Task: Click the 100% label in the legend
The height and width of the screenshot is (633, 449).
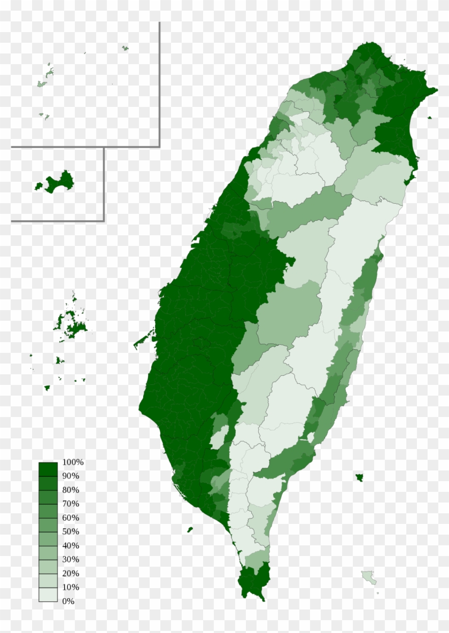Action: pyautogui.click(x=73, y=462)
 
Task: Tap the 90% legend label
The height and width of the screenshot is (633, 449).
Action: pyautogui.click(x=71, y=476)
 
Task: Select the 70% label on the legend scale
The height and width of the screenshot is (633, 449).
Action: pyautogui.click(x=71, y=504)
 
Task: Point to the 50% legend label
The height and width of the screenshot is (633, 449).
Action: pyautogui.click(x=71, y=531)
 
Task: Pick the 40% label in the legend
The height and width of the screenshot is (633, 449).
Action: pyautogui.click(x=71, y=545)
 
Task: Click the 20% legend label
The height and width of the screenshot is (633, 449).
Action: pyautogui.click(x=71, y=573)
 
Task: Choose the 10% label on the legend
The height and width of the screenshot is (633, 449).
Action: pyautogui.click(x=71, y=587)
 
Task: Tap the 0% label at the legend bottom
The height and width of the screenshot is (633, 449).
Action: pyautogui.click(x=68, y=601)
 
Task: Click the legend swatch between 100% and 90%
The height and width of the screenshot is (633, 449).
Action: pyautogui.click(x=48, y=469)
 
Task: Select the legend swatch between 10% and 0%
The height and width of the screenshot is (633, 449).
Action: pyautogui.click(x=48, y=595)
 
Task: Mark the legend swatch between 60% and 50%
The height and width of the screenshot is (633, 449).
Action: pyautogui.click(x=48, y=525)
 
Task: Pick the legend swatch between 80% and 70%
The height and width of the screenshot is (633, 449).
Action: pyautogui.click(x=48, y=497)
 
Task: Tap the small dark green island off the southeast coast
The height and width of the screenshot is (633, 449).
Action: pyautogui.click(x=359, y=476)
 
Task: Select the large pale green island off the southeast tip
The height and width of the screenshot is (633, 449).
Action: pyautogui.click(x=369, y=577)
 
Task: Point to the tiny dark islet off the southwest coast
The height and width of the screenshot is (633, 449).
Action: pyautogui.click(x=190, y=530)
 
